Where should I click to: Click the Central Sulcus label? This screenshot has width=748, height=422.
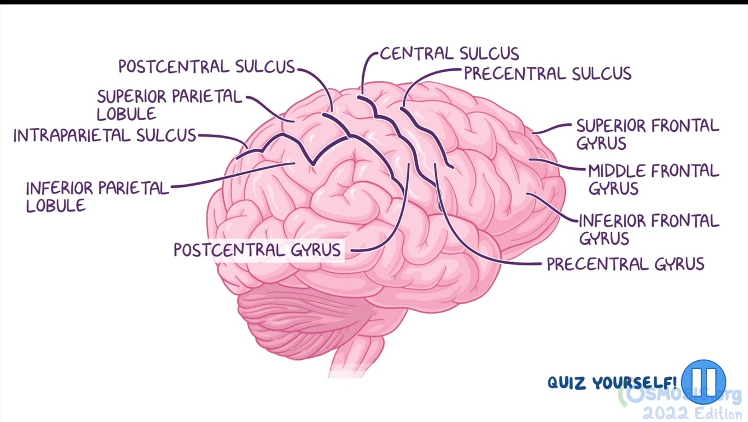tap(449, 53)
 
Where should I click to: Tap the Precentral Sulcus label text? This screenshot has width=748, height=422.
tap(547, 74)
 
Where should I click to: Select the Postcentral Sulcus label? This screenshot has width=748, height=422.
tap(206, 67)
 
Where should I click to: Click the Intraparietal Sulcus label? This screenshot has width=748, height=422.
tap(105, 135)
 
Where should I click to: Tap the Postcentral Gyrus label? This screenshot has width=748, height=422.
tap(257, 249)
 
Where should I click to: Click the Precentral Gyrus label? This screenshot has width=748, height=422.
tap(625, 263)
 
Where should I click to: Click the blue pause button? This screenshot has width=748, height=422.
tap(704, 382)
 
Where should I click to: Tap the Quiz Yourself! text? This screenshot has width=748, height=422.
tap(612, 383)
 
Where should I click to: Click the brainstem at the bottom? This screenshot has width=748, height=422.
tap(353, 354)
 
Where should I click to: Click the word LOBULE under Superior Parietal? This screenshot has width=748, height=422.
tap(126, 114)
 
